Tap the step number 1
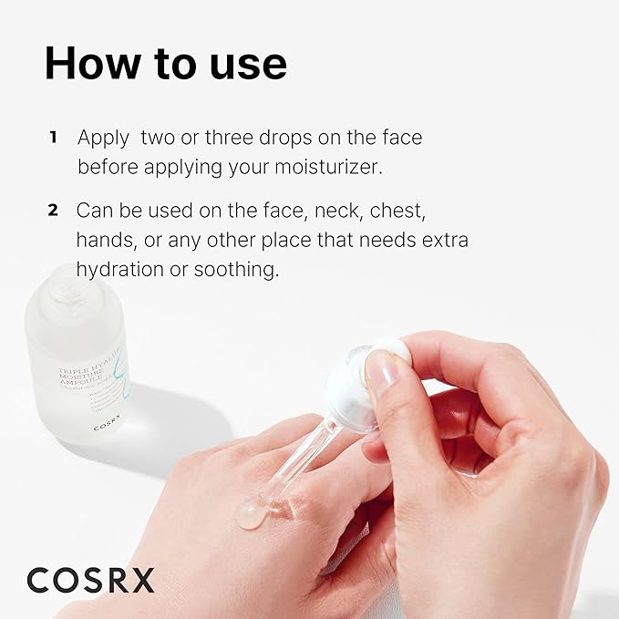click(x=53, y=138)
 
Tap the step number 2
click(x=53, y=211)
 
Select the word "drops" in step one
click(x=265, y=138)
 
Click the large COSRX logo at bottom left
click(x=90, y=578)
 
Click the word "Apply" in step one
click(x=104, y=138)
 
